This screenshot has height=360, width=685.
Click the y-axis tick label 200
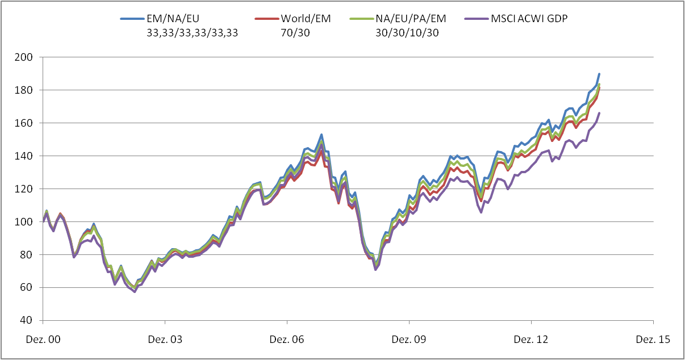coord(27,57)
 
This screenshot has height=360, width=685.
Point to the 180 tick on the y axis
coord(27,90)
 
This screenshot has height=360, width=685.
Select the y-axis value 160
coord(27,123)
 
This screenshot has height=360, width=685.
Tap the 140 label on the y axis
coord(27,156)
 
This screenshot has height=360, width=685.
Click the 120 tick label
coord(27,189)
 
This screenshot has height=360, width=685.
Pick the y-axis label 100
coord(27,222)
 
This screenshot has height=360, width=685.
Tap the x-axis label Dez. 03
coord(165,340)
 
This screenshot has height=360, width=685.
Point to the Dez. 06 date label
coord(287,340)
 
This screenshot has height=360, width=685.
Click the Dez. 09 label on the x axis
coord(409,340)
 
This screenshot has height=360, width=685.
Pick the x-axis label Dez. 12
coord(531,340)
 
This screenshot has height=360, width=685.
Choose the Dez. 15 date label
coord(653,340)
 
